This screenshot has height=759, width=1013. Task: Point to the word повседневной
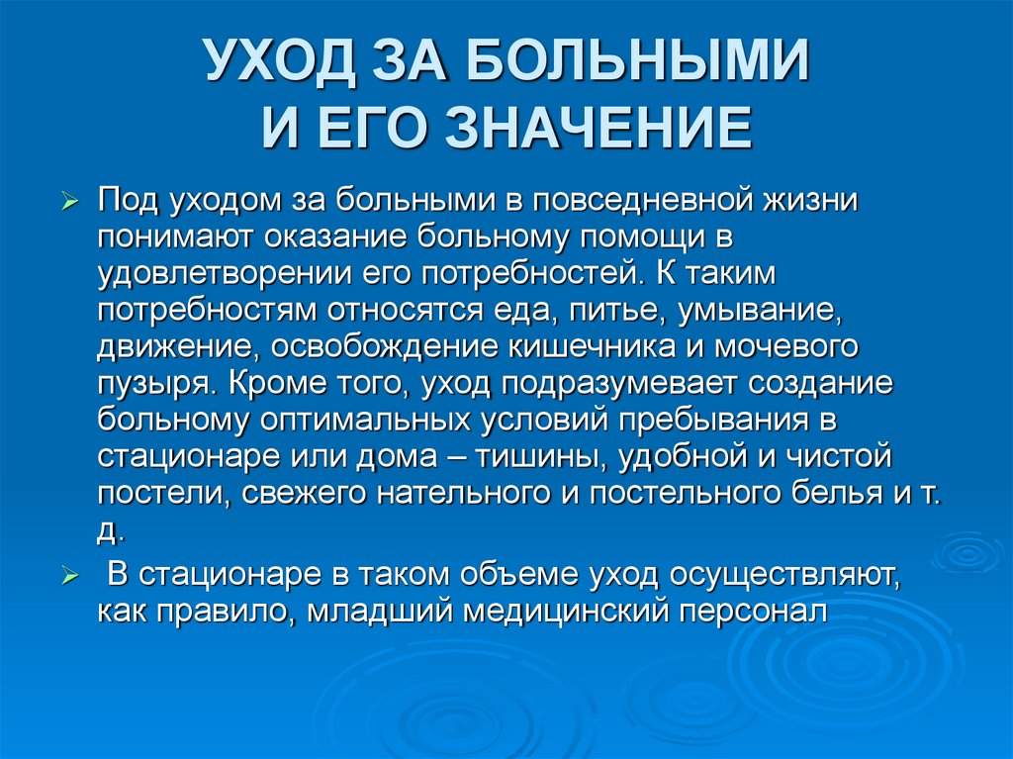pyautogui.click(x=655, y=201)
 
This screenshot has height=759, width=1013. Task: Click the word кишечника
pyautogui.click(x=607, y=348)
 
